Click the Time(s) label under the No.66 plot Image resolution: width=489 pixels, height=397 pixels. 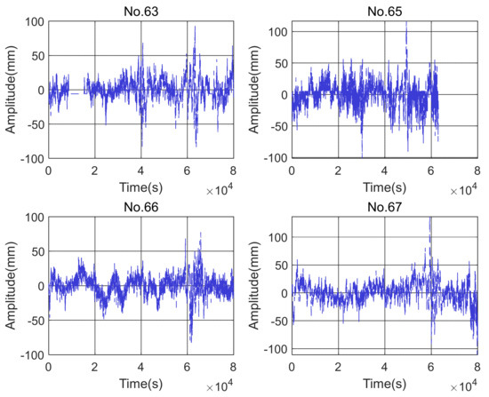[x=140, y=384]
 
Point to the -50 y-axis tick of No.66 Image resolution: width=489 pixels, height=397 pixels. [x=34, y=321]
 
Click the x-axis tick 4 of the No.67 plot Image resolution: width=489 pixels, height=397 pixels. [x=384, y=366]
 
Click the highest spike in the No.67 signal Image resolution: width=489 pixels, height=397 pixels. [x=430, y=218]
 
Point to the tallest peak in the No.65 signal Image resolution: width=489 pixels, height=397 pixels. [x=406, y=23]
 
